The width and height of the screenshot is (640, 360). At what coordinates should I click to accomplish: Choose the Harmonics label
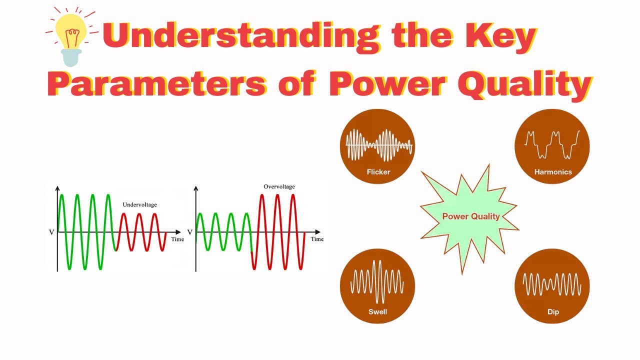click(552, 172)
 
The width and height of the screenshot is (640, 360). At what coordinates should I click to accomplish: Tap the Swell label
click(377, 311)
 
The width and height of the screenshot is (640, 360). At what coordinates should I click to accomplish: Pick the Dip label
click(552, 311)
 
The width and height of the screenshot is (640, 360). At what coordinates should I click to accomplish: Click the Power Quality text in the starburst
click(470, 216)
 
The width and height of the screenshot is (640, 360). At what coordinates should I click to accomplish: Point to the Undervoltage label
click(139, 204)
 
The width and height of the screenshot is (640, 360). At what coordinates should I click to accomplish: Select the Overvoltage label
click(279, 186)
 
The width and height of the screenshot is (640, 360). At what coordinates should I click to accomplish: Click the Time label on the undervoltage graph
click(177, 239)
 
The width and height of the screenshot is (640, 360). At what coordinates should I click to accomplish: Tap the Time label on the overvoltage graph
click(317, 239)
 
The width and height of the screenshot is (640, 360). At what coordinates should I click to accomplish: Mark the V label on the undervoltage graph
click(51, 232)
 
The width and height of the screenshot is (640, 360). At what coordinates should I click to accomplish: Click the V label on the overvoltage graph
click(190, 232)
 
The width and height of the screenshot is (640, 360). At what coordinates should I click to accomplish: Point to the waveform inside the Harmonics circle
click(552, 142)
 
